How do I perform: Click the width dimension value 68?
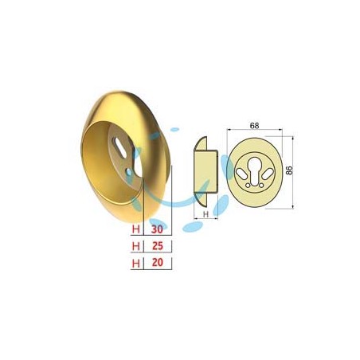(x=254, y=126)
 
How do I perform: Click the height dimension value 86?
(x=289, y=170)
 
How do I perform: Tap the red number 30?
(x=157, y=229)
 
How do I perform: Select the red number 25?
(x=158, y=246)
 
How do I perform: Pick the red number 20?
(x=158, y=263)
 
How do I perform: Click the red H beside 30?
(x=136, y=229)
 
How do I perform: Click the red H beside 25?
(x=136, y=246)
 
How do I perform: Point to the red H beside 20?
(x=136, y=263)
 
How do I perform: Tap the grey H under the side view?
(x=205, y=214)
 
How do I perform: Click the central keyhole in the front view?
(x=255, y=170)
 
